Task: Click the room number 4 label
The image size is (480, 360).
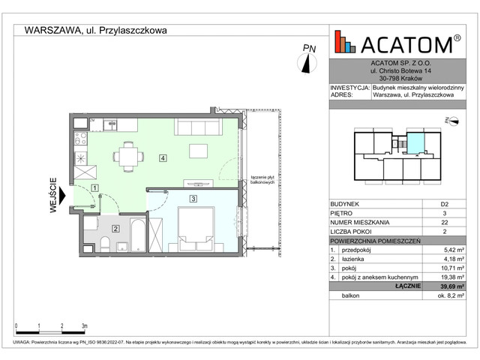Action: click(162, 158)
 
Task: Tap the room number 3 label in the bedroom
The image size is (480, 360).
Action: click(193, 199)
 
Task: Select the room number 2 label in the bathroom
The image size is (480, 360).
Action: click(115, 229)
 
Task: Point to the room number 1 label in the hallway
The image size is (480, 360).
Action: click(94, 188)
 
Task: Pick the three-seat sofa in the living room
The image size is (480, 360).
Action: click(196, 125)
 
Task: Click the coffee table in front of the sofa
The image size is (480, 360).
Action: click(198, 151)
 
